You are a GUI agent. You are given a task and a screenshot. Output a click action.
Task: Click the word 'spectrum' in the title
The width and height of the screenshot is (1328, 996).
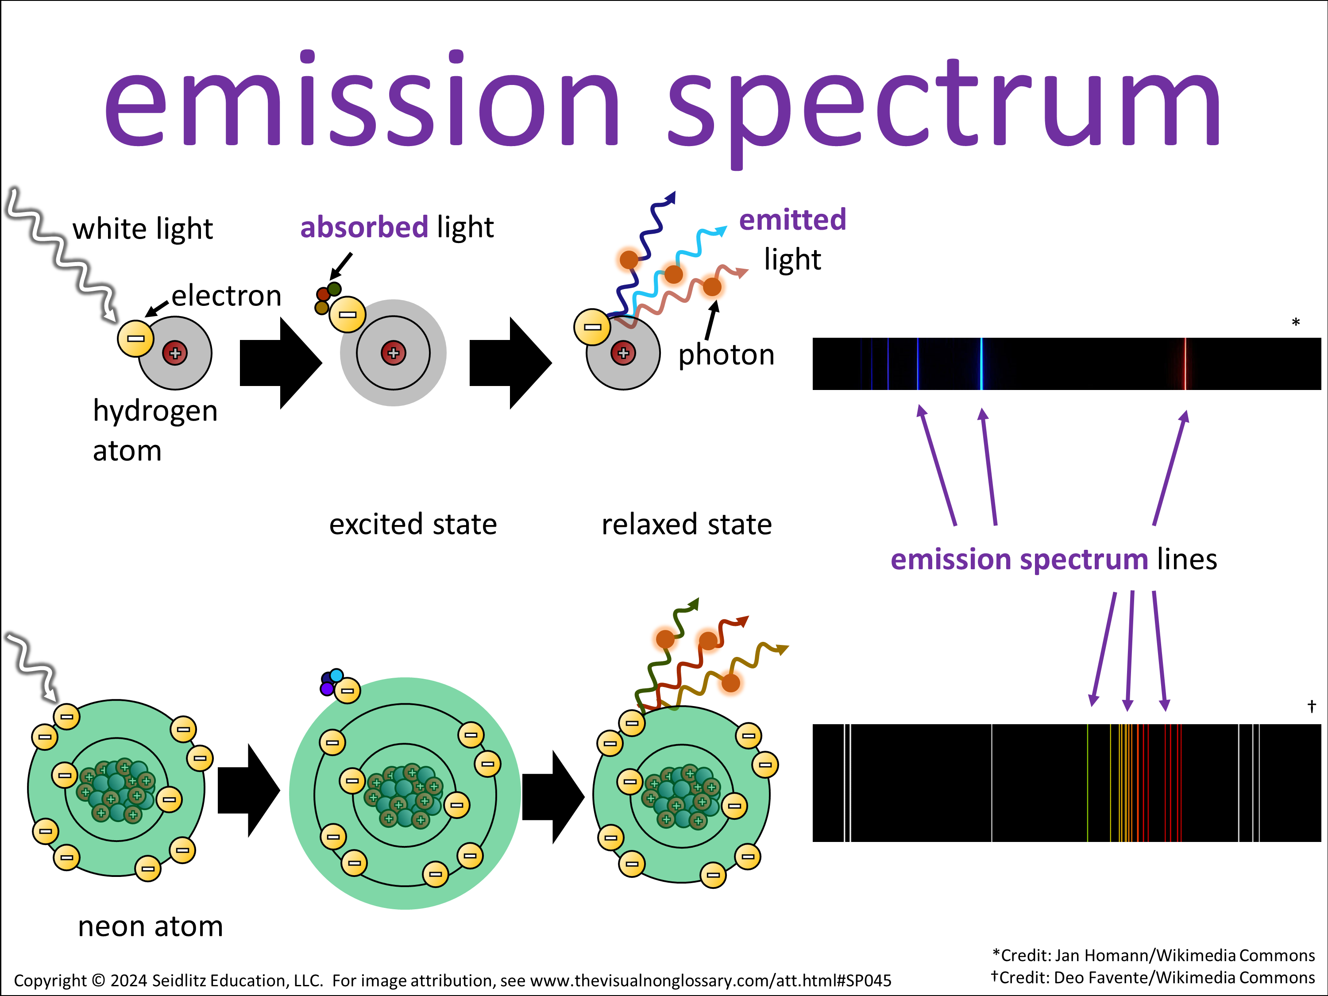click(942, 105)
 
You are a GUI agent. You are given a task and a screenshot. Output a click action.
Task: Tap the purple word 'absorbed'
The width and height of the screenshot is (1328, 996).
click(364, 228)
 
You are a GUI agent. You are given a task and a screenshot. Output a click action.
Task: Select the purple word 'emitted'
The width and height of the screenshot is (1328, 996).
click(792, 220)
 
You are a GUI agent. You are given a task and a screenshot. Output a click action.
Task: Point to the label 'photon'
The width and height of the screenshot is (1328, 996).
click(726, 355)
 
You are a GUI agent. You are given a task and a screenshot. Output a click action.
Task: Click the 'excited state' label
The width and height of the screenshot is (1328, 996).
click(413, 524)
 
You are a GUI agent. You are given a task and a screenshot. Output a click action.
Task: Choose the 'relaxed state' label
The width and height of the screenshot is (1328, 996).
click(686, 524)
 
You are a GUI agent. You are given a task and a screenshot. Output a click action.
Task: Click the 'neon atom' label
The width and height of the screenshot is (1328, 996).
click(150, 927)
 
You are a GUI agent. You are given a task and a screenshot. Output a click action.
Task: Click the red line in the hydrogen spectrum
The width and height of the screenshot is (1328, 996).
click(1185, 364)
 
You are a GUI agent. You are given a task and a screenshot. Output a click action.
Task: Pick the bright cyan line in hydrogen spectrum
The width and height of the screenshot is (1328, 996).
click(981, 364)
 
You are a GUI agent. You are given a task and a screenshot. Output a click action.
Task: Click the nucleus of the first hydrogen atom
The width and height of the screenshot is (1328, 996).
click(175, 353)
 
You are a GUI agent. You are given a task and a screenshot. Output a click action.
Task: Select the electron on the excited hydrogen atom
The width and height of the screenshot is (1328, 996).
click(347, 314)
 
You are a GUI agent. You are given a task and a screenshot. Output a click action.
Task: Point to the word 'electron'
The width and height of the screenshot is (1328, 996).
click(226, 296)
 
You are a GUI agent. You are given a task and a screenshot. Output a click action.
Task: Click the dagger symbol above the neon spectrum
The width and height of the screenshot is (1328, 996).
click(1312, 706)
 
